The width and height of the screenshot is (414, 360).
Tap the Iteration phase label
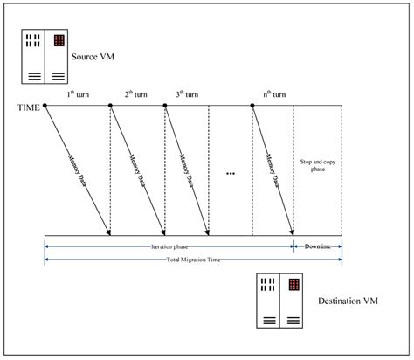[169, 247]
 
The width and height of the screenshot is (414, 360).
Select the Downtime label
[318, 247]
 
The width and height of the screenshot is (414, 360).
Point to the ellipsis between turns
[231, 174]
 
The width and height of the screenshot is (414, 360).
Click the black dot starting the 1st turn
[45, 106]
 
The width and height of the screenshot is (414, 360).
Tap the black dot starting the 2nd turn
[111, 106]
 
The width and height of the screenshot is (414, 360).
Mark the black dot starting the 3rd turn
[166, 106]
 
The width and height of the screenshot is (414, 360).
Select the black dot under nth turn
[252, 106]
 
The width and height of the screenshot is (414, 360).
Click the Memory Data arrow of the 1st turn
[78, 170]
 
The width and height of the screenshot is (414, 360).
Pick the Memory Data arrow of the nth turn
[273, 170]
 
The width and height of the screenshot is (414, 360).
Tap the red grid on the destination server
[294, 285]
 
